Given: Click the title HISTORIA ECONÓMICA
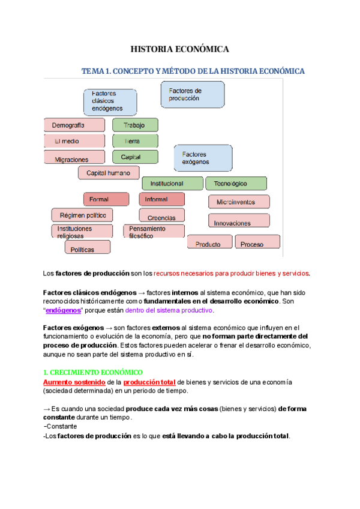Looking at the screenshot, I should click(180, 49).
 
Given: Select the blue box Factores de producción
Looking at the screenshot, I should click(193, 94).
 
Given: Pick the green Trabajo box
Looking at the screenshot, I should click(135, 125).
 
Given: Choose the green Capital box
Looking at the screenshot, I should click(135, 157).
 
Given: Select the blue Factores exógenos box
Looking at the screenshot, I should click(203, 158).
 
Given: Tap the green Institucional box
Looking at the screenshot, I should click(172, 184).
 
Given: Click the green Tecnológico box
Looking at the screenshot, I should click(236, 184).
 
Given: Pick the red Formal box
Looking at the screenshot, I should click(106, 199).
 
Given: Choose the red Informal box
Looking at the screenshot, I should click(161, 199).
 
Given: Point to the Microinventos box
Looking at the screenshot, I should click(236, 202).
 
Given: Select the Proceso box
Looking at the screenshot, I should click(257, 243).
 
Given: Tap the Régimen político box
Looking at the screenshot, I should click(82, 215).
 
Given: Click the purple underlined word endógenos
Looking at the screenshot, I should click(63, 310).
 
